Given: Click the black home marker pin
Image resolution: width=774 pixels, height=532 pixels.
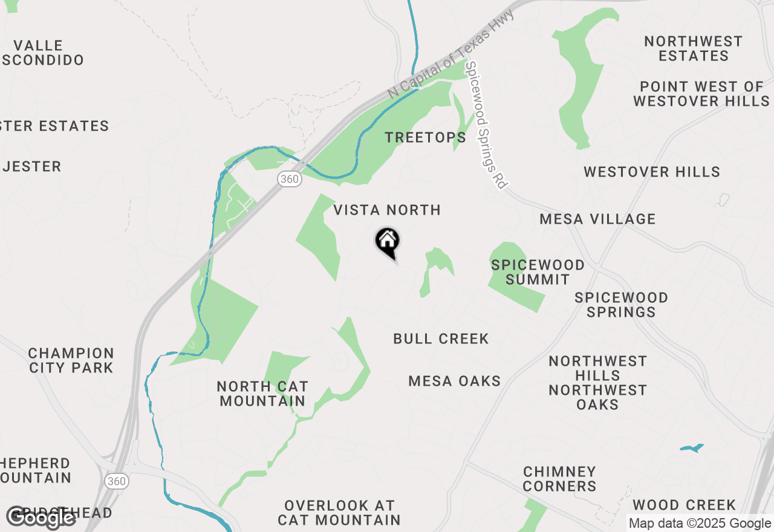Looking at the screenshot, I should tap(388, 242).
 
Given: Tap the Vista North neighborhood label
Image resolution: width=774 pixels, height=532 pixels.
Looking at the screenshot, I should tap(387, 210).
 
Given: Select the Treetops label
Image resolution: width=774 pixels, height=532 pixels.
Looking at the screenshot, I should tap(426, 138).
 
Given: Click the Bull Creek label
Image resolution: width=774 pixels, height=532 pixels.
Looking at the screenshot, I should tap(441, 339).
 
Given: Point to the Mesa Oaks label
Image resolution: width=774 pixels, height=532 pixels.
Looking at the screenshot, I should tap(455, 381).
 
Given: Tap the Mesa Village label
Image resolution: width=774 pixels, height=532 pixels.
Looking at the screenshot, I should tap(597, 219).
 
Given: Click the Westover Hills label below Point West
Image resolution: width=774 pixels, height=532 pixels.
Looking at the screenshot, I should tap(652, 172).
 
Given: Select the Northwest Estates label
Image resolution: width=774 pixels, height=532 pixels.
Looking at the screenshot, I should tap(693, 48).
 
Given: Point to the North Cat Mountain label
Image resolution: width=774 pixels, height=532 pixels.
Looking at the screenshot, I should tap(262, 394).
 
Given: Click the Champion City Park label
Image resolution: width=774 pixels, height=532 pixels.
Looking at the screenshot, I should tap(71, 360).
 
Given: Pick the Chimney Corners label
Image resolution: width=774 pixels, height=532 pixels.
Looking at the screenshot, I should tap(559, 478).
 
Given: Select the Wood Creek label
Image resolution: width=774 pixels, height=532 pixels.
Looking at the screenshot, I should tap(684, 505).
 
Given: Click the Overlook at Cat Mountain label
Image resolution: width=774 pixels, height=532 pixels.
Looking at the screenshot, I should tap(339, 513).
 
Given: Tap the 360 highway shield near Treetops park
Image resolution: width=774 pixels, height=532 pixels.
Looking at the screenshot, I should tap(290, 179).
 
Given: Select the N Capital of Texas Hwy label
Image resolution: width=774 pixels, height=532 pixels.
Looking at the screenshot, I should tap(451, 54).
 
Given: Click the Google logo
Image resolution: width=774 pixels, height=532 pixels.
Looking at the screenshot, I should tap(41, 517).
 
